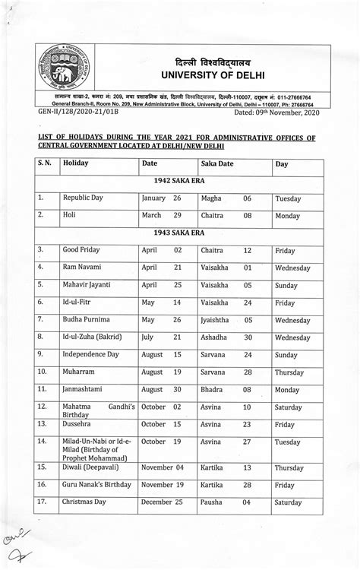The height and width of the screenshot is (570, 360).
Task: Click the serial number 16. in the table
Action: (43, 485)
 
